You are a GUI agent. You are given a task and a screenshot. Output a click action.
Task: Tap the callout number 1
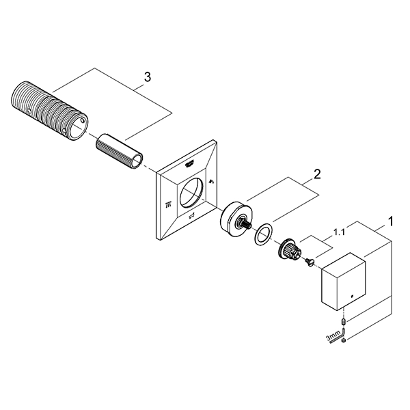click(x=389, y=221)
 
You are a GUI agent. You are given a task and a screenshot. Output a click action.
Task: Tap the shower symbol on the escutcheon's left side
click(x=167, y=204)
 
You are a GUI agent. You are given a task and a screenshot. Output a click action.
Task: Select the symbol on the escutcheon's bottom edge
click(x=193, y=218)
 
